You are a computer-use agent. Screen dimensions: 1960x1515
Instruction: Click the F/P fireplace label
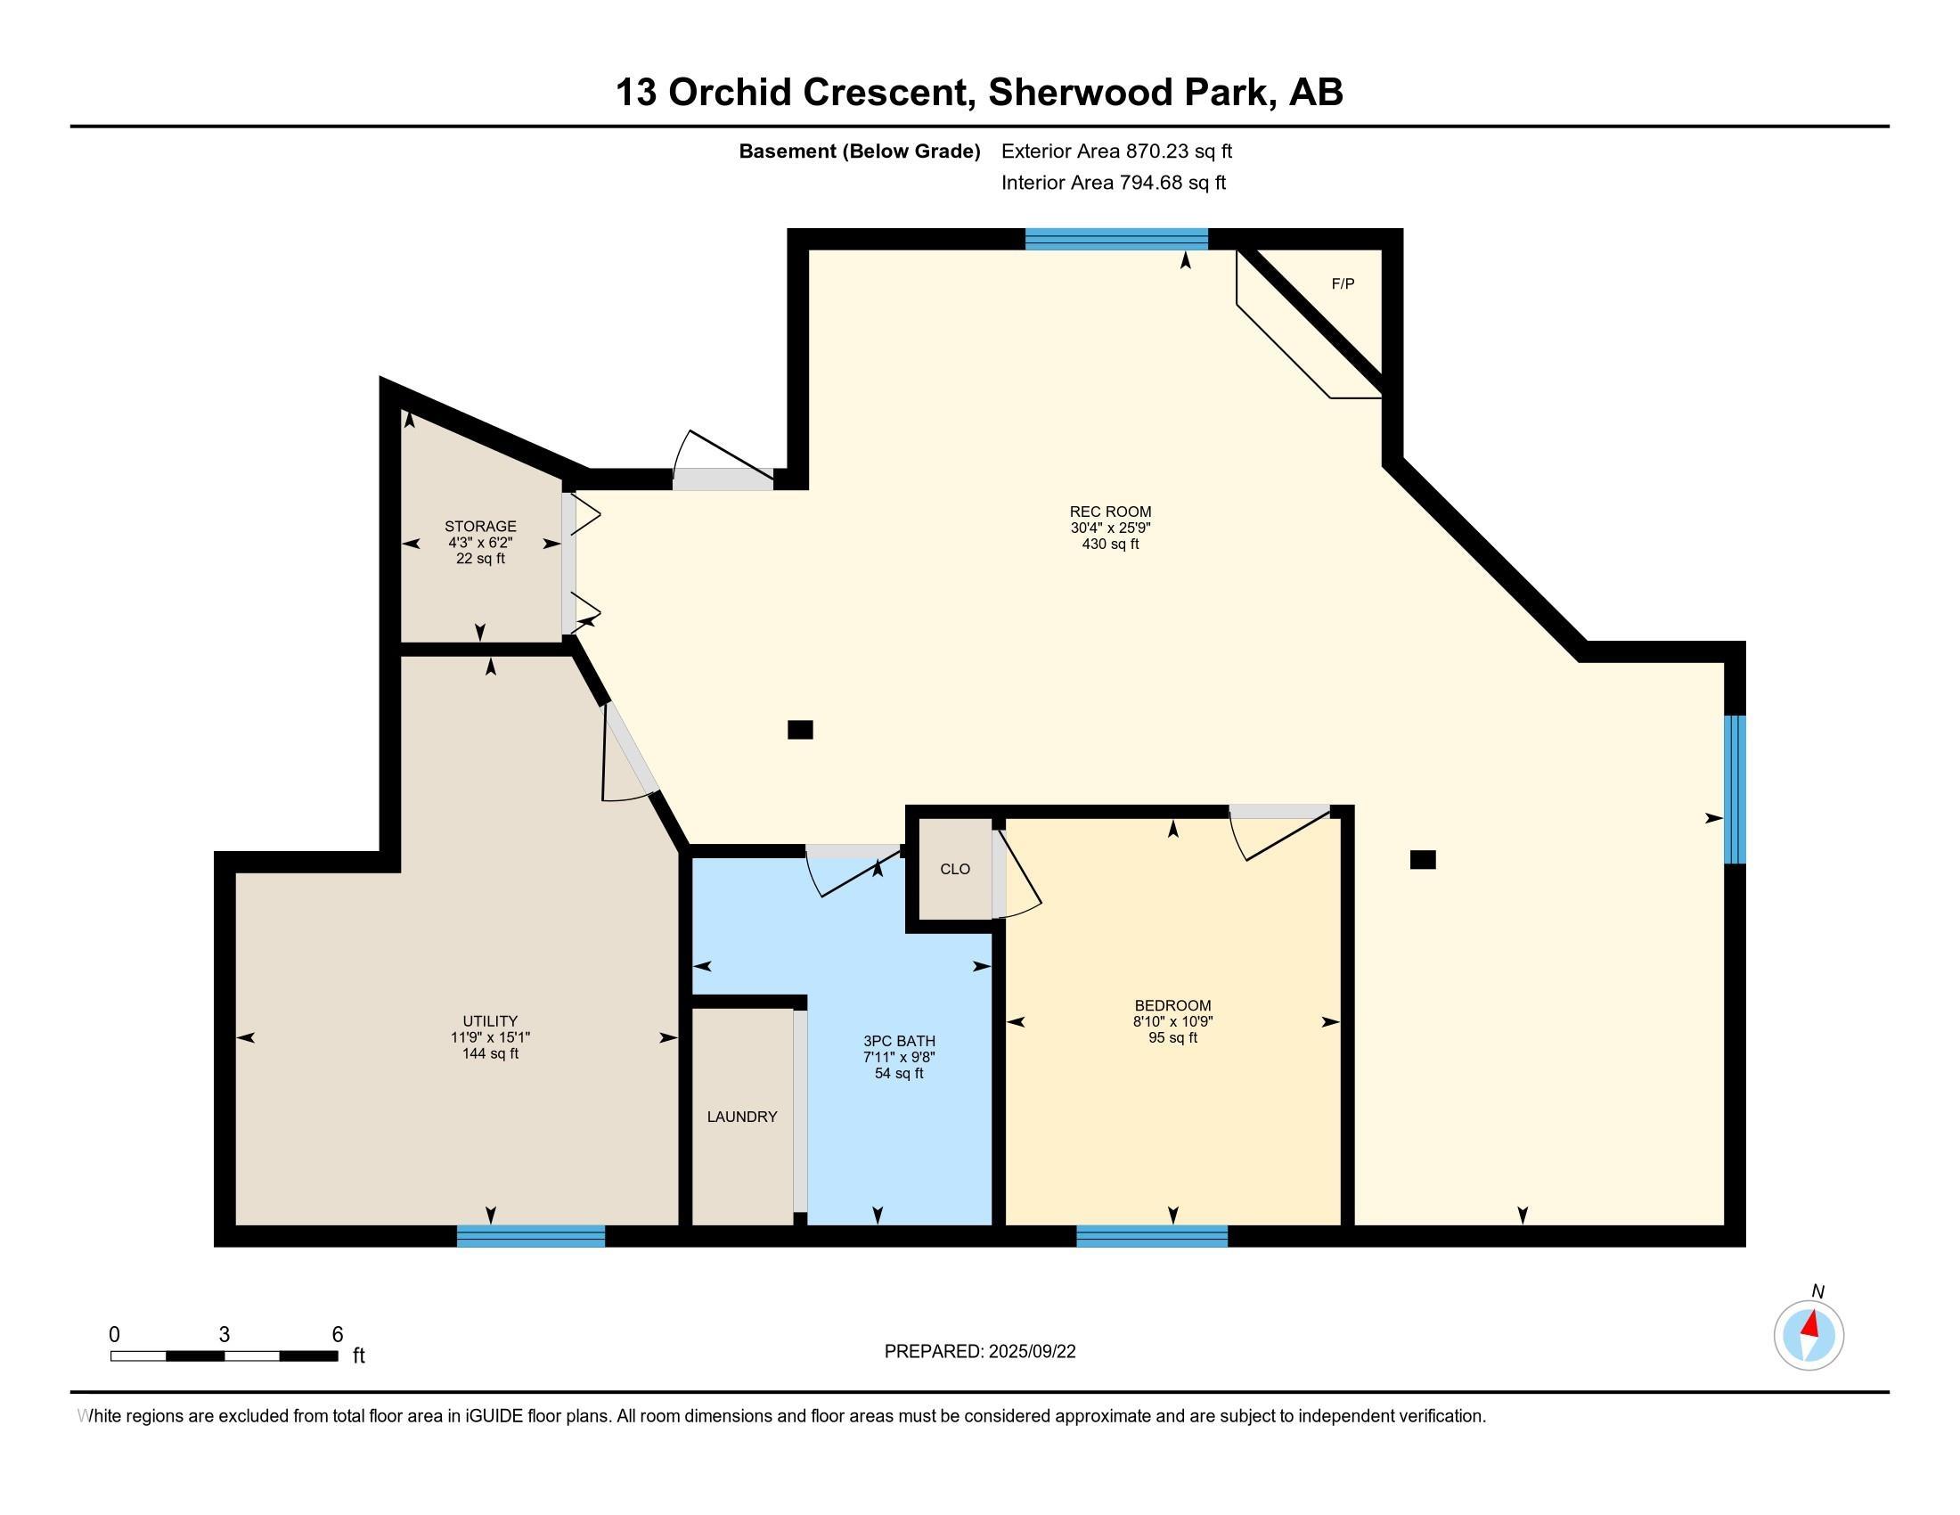click(1343, 283)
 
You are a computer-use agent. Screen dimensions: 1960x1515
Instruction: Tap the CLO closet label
click(955, 869)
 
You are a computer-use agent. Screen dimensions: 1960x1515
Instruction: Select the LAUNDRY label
click(742, 1117)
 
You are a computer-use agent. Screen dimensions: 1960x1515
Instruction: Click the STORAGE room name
click(480, 526)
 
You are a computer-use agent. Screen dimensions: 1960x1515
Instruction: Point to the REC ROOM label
click(1110, 512)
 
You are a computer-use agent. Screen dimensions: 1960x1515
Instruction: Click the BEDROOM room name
click(1173, 1005)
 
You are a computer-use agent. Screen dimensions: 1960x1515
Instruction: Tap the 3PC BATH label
click(898, 1041)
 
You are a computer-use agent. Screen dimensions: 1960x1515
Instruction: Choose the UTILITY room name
click(490, 1020)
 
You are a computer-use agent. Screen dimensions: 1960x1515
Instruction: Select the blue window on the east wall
click(1735, 789)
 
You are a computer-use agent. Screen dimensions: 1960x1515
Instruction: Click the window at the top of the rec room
click(1116, 239)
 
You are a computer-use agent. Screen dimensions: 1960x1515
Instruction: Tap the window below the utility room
click(530, 1236)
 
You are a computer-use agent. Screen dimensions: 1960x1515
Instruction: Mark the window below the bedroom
click(1151, 1236)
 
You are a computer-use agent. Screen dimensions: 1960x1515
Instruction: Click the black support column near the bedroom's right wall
click(1423, 860)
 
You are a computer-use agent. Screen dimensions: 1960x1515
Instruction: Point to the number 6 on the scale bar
click(338, 1335)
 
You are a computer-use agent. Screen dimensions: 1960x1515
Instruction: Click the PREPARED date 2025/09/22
click(1031, 1352)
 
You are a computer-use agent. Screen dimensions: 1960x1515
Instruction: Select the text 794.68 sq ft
click(1172, 183)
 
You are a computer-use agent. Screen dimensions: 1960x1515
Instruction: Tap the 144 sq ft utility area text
click(490, 1052)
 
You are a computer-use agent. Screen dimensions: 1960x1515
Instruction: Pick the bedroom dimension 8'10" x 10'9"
click(1173, 1021)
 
